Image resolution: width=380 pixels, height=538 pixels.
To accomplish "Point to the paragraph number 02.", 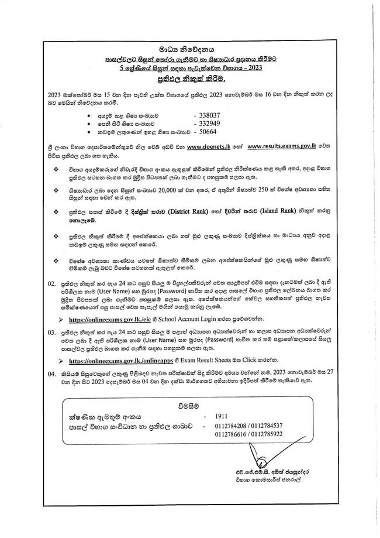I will point(51,283).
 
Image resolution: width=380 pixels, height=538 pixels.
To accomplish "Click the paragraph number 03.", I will point(51,331).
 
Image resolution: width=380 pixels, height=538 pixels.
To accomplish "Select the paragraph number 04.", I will point(51,372).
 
